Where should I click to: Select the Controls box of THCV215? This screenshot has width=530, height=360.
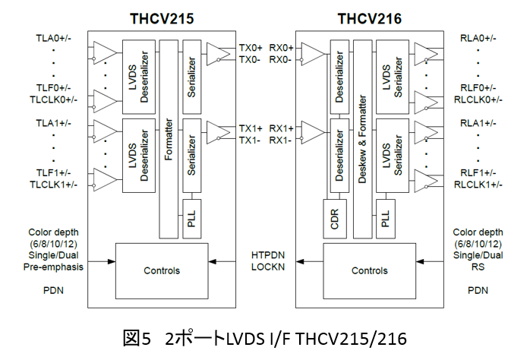pyautogui.click(x=162, y=270)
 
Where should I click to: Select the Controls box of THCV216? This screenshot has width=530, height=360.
pyautogui.click(x=369, y=270)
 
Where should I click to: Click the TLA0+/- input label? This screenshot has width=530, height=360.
pyautogui.click(x=52, y=38)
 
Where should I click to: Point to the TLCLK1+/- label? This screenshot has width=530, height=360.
pyautogui.click(x=53, y=185)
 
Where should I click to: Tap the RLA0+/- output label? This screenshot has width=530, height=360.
pyautogui.click(x=478, y=38)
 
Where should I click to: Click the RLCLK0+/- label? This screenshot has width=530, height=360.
pyautogui.click(x=479, y=99)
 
